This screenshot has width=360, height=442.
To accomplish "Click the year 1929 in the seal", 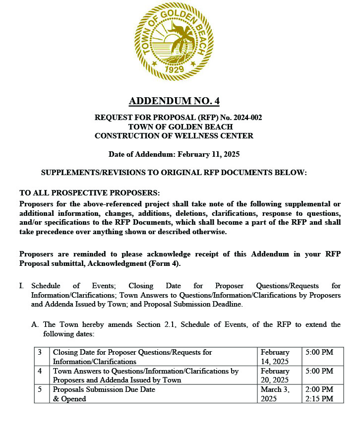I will tap(174, 69).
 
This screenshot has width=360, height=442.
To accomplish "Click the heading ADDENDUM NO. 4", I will tap(174, 101).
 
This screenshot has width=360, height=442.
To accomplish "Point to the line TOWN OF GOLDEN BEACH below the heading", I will tap(174, 126).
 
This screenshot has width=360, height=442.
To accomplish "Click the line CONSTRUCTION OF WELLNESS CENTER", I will tap(174, 135).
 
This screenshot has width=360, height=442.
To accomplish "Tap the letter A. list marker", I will tap(35, 324).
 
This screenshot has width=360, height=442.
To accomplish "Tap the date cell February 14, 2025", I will tap(275, 357).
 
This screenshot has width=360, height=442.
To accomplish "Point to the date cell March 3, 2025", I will tap(274, 394).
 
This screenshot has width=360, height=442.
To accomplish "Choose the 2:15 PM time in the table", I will tap(319, 398).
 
